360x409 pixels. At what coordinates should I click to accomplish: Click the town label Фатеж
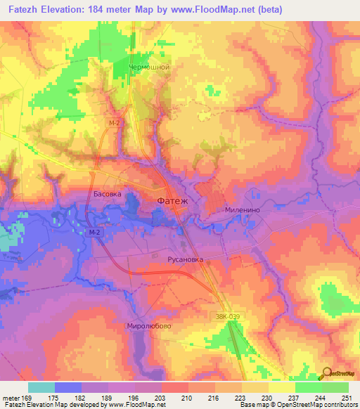click(172, 202)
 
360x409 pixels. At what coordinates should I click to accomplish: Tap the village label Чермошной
click(150, 67)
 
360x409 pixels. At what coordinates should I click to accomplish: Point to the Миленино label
click(243, 209)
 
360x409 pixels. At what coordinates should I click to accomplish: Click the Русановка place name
click(185, 259)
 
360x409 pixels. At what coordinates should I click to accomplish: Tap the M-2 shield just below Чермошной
click(114, 122)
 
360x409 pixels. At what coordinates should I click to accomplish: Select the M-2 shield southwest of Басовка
click(96, 233)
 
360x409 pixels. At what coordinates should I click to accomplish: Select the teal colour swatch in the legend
click(41, 387)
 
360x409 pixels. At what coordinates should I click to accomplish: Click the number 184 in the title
click(118, 9)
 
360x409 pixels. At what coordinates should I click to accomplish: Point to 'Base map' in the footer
click(249, 405)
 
